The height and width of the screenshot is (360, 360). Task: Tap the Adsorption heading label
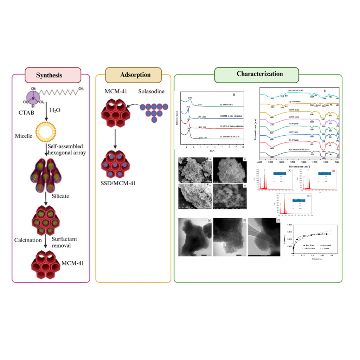[x=135, y=75]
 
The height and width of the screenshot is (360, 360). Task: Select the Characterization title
[x=259, y=74]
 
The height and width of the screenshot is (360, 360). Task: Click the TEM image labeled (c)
[x=264, y=236]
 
